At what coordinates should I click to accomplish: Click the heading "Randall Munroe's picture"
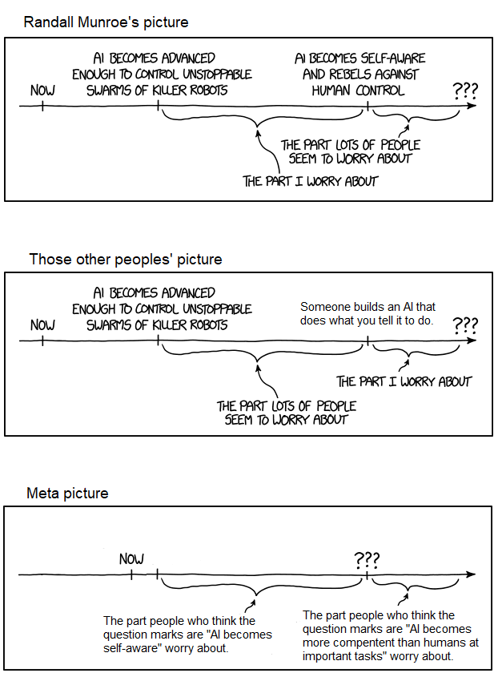coord(106,22)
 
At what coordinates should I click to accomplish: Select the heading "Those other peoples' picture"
coord(126,259)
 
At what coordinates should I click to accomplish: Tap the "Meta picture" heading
coord(67,493)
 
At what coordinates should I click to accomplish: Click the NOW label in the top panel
coord(42,90)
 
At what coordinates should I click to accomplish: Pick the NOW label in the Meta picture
coord(131,558)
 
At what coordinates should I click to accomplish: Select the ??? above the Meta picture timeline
coord(367,558)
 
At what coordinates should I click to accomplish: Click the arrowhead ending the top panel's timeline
coord(472,106)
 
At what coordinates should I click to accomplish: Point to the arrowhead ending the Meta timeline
coord(472,574)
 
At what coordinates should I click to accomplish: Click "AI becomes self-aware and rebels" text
coord(359,75)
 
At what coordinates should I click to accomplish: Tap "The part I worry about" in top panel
coord(310,181)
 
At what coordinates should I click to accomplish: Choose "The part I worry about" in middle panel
coord(404,381)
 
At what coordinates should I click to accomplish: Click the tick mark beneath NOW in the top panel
coord(42,106)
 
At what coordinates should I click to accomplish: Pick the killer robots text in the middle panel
coord(157,324)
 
